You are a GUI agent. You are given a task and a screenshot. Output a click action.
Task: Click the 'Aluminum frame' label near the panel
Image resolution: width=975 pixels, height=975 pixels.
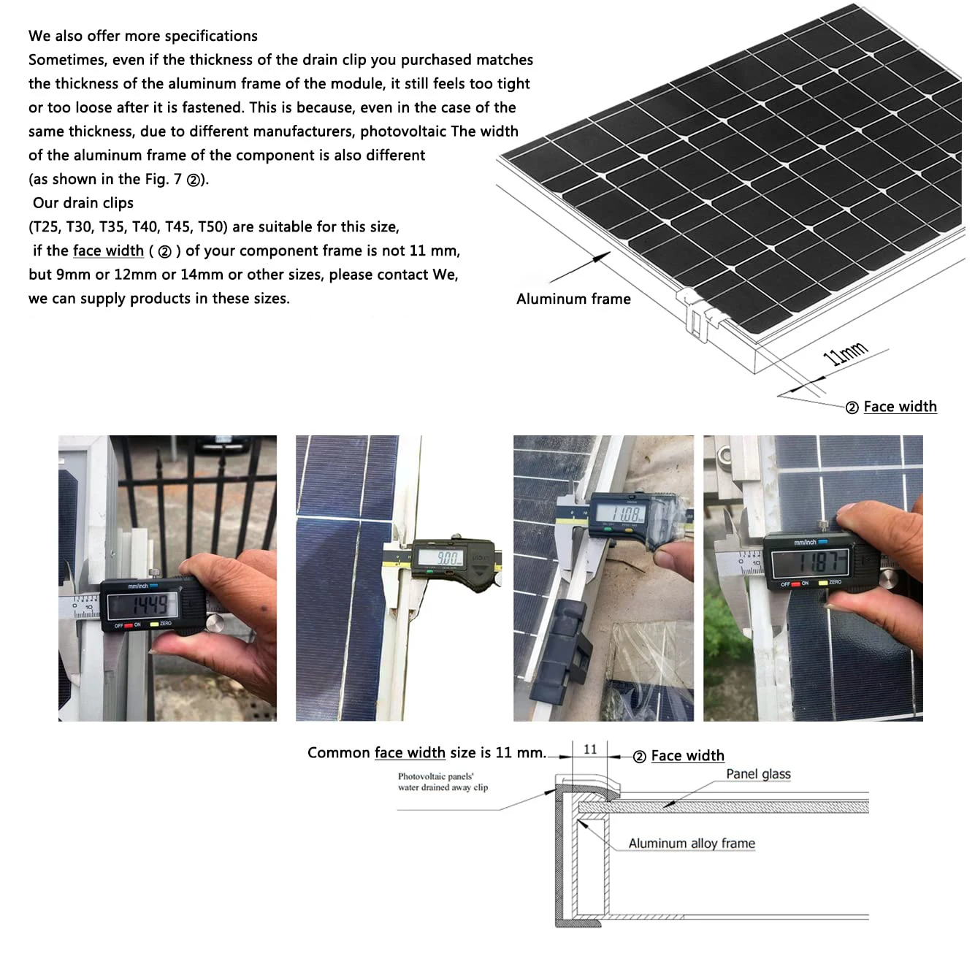pos(573,299)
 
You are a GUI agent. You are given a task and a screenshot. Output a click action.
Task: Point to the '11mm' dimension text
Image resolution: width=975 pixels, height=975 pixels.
pos(845,353)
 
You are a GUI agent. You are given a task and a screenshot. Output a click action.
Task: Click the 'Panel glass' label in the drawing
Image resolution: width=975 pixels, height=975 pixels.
pos(758,774)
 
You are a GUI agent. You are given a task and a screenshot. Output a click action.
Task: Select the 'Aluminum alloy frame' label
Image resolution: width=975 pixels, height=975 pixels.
pos(691,843)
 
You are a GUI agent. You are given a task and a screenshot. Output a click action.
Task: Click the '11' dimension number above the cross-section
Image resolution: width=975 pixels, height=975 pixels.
pos(590,749)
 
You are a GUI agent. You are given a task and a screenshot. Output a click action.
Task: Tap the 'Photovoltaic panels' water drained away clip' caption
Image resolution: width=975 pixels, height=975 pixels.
pos(443,782)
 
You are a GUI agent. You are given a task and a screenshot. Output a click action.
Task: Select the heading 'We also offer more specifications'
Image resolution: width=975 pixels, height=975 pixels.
pos(143,36)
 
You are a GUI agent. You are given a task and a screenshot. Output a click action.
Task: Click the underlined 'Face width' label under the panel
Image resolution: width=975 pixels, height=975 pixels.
pos(900,407)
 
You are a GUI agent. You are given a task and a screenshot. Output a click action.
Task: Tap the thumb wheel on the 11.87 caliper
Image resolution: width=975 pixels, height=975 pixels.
pos(888,578)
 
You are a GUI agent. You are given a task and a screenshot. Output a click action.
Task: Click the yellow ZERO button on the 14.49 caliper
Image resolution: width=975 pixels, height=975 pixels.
pos(155,624)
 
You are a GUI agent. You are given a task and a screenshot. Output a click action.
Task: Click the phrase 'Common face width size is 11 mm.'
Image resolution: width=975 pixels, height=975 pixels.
pos(427,752)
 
